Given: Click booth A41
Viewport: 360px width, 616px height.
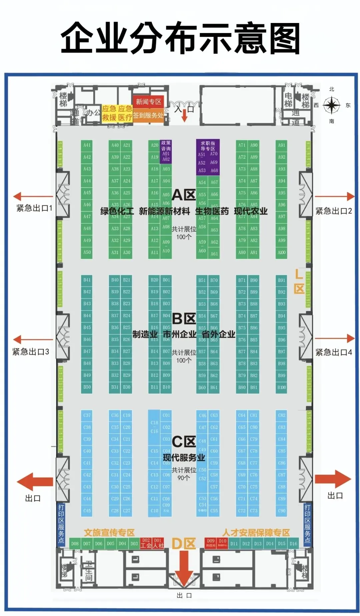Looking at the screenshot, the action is pyautogui.click(x=87, y=145).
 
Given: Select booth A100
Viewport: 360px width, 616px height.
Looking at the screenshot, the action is pyautogui.click(x=282, y=252).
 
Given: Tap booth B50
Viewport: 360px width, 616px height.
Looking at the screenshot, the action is pyautogui.click(x=87, y=387).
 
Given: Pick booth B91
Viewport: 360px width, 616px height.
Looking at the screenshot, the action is pyautogui.click(x=282, y=280).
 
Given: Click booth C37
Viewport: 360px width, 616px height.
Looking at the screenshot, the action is pyautogui.click(x=87, y=415).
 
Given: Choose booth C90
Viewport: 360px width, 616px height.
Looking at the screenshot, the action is pyautogui.click(x=282, y=511).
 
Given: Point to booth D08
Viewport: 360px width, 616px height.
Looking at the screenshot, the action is pyautogui.click(x=75, y=544).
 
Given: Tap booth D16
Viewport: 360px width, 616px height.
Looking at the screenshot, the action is pyautogui.click(x=293, y=544).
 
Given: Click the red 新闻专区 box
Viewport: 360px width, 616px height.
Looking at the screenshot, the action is pyautogui.click(x=148, y=102).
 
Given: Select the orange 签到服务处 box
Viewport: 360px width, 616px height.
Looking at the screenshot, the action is pyautogui.click(x=148, y=115).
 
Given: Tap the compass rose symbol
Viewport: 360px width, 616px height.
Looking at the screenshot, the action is pyautogui.click(x=331, y=105).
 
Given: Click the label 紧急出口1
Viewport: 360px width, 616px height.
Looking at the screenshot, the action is pyautogui.click(x=34, y=208).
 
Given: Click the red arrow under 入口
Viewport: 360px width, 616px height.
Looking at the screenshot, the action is pyautogui.click(x=184, y=117).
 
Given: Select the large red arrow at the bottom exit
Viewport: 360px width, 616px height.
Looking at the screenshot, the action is pyautogui.click(x=184, y=567).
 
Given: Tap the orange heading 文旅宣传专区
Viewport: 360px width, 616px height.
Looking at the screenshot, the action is pyautogui.click(x=109, y=532).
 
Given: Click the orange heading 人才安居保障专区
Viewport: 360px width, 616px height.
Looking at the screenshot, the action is pyautogui.click(x=256, y=532).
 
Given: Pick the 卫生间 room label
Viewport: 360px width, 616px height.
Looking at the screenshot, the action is pyautogui.click(x=89, y=571).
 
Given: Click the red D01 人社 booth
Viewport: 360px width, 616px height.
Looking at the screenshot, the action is pyautogui.click(x=158, y=543).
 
